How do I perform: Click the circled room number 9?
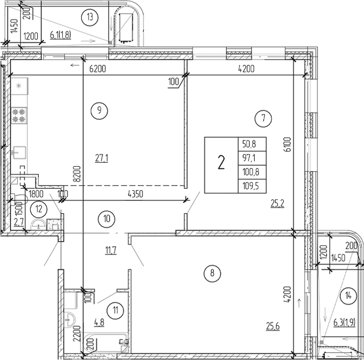coord(100,109)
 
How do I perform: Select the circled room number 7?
coord(263,119)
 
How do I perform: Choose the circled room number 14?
coord(348,295)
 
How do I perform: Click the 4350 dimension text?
coord(135,194)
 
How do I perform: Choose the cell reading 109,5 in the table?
coord(252,186)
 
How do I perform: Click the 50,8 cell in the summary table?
coord(252,144)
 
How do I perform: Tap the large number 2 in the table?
coord(221,164)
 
